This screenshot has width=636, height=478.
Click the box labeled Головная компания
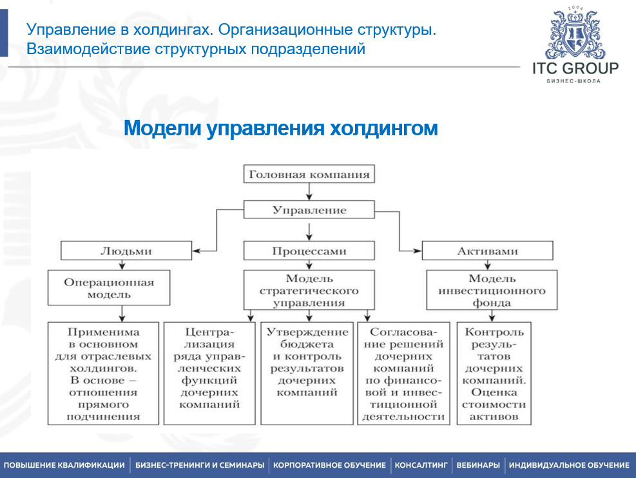(309, 174)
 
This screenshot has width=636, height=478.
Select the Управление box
(309, 210)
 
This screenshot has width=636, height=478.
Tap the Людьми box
(126, 251)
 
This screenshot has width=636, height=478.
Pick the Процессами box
(309, 251)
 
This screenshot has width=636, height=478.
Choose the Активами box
(488, 251)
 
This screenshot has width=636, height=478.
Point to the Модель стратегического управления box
(309, 290)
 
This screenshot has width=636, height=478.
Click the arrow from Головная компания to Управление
(309, 191)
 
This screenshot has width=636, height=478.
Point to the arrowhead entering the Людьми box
(197, 251)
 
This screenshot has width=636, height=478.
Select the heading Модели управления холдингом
(281, 128)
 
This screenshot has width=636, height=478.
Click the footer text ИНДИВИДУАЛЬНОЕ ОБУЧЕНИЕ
(569, 465)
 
